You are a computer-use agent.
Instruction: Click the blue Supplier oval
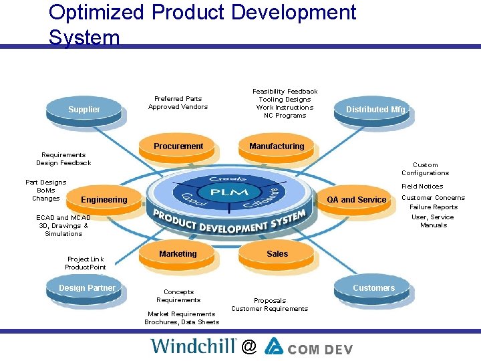[x=84, y=110]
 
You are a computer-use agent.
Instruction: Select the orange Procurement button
[x=178, y=146]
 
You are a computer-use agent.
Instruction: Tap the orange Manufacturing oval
[x=277, y=146]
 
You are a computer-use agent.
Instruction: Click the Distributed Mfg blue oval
[x=375, y=110]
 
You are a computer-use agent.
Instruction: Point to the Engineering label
[x=104, y=200]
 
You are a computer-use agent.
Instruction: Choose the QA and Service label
[x=357, y=200]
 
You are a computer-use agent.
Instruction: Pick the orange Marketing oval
[x=178, y=254]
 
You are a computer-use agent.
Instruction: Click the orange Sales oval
[x=277, y=254]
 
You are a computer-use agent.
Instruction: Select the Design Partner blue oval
[x=87, y=288]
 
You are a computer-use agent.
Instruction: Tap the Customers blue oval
[x=373, y=288]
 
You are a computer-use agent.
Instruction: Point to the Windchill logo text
[x=194, y=346]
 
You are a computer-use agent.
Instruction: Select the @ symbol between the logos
[x=249, y=346]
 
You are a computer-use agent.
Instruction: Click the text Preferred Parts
[x=178, y=99]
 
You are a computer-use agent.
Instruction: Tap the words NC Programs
[x=285, y=116]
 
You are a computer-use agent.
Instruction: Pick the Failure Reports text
[x=434, y=207]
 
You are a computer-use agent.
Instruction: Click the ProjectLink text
[x=86, y=259]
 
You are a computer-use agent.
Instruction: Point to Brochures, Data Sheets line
[x=182, y=322]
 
